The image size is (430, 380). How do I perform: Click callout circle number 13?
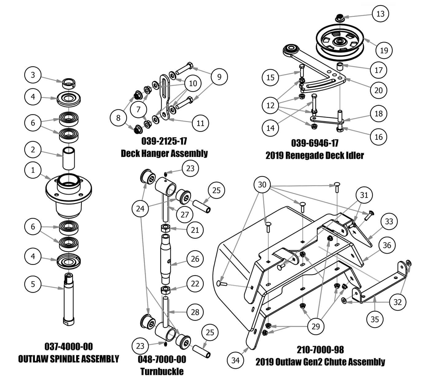[x=380, y=14]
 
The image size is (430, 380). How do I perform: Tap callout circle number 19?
[x=384, y=50]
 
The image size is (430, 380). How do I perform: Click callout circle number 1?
[x=33, y=170]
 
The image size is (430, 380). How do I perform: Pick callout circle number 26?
[x=195, y=259]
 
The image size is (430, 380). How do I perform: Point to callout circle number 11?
[x=200, y=123]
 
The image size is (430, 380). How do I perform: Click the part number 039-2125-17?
[x=164, y=141]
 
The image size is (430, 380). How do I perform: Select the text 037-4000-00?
[x=68, y=347]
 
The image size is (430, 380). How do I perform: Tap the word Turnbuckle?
[x=162, y=371]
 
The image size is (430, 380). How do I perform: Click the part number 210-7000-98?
[x=320, y=350]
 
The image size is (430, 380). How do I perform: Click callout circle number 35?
[x=375, y=319]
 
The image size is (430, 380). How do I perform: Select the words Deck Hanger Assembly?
[x=164, y=153]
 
